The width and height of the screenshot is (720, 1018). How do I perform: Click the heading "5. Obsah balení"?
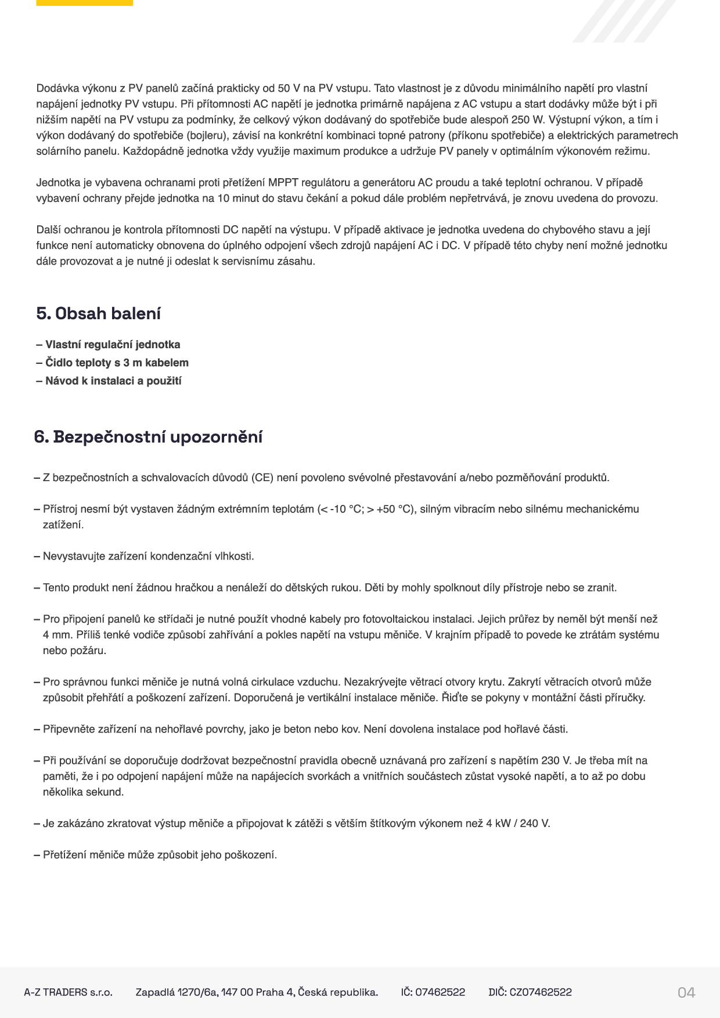(98, 313)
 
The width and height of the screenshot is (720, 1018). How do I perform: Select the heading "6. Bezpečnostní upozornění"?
(148, 436)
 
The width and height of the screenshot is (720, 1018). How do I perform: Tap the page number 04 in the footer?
(686, 992)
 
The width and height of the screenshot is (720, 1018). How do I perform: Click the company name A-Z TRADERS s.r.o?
(68, 992)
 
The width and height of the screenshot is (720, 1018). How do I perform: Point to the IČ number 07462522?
(441, 992)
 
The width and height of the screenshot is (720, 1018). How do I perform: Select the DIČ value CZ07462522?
(540, 992)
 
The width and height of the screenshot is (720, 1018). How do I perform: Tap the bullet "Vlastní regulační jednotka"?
(112, 345)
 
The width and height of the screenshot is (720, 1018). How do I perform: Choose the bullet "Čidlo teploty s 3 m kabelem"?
(116, 363)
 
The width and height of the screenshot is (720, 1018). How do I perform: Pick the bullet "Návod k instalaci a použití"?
(113, 381)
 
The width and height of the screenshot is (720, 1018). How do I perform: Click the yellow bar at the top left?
(84, 3)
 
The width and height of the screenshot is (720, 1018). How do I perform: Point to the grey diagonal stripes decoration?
(624, 20)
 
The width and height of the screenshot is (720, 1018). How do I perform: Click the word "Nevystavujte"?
(73, 556)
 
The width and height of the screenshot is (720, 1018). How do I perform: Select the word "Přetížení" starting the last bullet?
(64, 854)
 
